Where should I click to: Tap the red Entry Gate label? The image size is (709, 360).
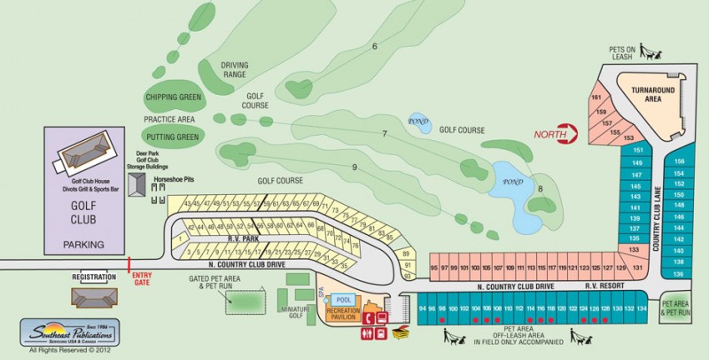click(141, 279)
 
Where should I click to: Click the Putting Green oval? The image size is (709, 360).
click(172, 137)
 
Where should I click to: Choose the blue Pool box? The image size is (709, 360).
click(344, 300)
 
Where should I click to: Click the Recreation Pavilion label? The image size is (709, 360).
click(343, 315)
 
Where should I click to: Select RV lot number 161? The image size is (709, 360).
click(597, 98)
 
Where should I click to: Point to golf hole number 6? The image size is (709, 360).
click(375, 46)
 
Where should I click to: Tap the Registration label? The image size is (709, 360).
click(94, 278)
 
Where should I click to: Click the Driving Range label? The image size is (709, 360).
click(235, 68)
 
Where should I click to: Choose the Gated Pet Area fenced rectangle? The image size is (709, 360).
click(244, 302)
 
